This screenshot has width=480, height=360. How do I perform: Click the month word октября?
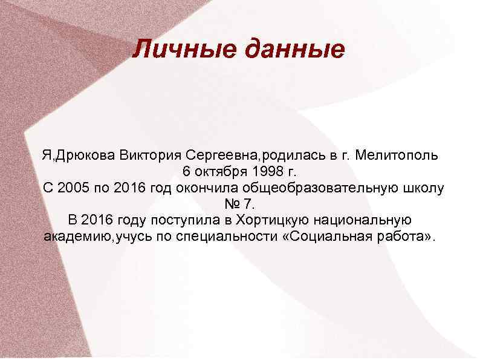click(227, 171)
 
